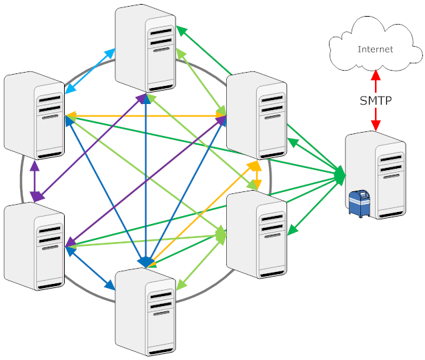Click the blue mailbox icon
coord(360,203)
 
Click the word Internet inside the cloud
coord(376,49)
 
